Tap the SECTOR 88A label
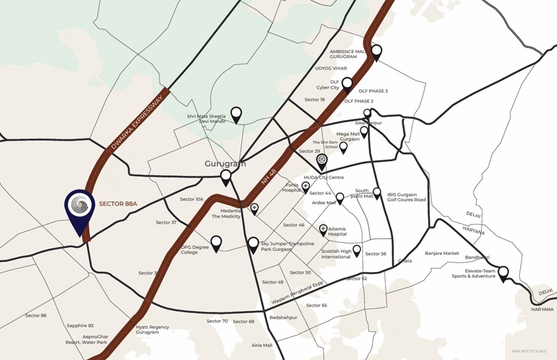(x=118, y=204)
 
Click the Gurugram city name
(x=224, y=163)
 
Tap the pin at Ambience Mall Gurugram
(x=376, y=52)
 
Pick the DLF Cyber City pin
(x=346, y=85)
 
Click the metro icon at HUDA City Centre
(x=322, y=160)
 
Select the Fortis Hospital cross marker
(x=306, y=187)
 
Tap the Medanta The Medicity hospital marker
(x=254, y=208)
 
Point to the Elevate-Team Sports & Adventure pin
(x=503, y=273)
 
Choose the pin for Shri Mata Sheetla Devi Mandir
(x=236, y=114)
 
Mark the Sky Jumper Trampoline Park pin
(x=253, y=244)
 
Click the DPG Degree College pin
(x=216, y=242)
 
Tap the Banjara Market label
(x=442, y=254)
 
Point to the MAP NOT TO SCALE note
(x=529, y=351)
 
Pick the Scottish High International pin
(x=357, y=251)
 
